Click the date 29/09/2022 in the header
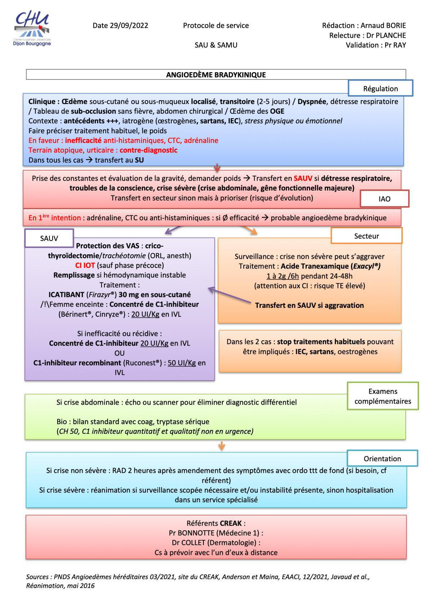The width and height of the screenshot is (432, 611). [130, 26]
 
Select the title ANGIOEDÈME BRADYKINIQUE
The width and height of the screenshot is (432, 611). [216, 75]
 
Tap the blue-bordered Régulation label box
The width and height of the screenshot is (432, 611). [380, 89]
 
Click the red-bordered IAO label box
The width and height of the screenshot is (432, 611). [384, 199]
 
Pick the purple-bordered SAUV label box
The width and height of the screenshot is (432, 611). [49, 238]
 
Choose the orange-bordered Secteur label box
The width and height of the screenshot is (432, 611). [366, 236]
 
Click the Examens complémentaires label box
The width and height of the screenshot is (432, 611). [383, 396]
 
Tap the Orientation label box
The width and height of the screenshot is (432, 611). [382, 459]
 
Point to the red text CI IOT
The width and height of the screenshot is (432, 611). [85, 265]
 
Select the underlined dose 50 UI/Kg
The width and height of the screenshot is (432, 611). [181, 363]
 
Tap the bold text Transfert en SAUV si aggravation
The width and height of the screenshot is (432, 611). [309, 305]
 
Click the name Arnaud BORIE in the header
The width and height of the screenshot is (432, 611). [383, 26]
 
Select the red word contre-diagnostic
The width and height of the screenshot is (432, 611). [148, 150]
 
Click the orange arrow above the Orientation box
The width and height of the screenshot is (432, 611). [221, 446]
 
